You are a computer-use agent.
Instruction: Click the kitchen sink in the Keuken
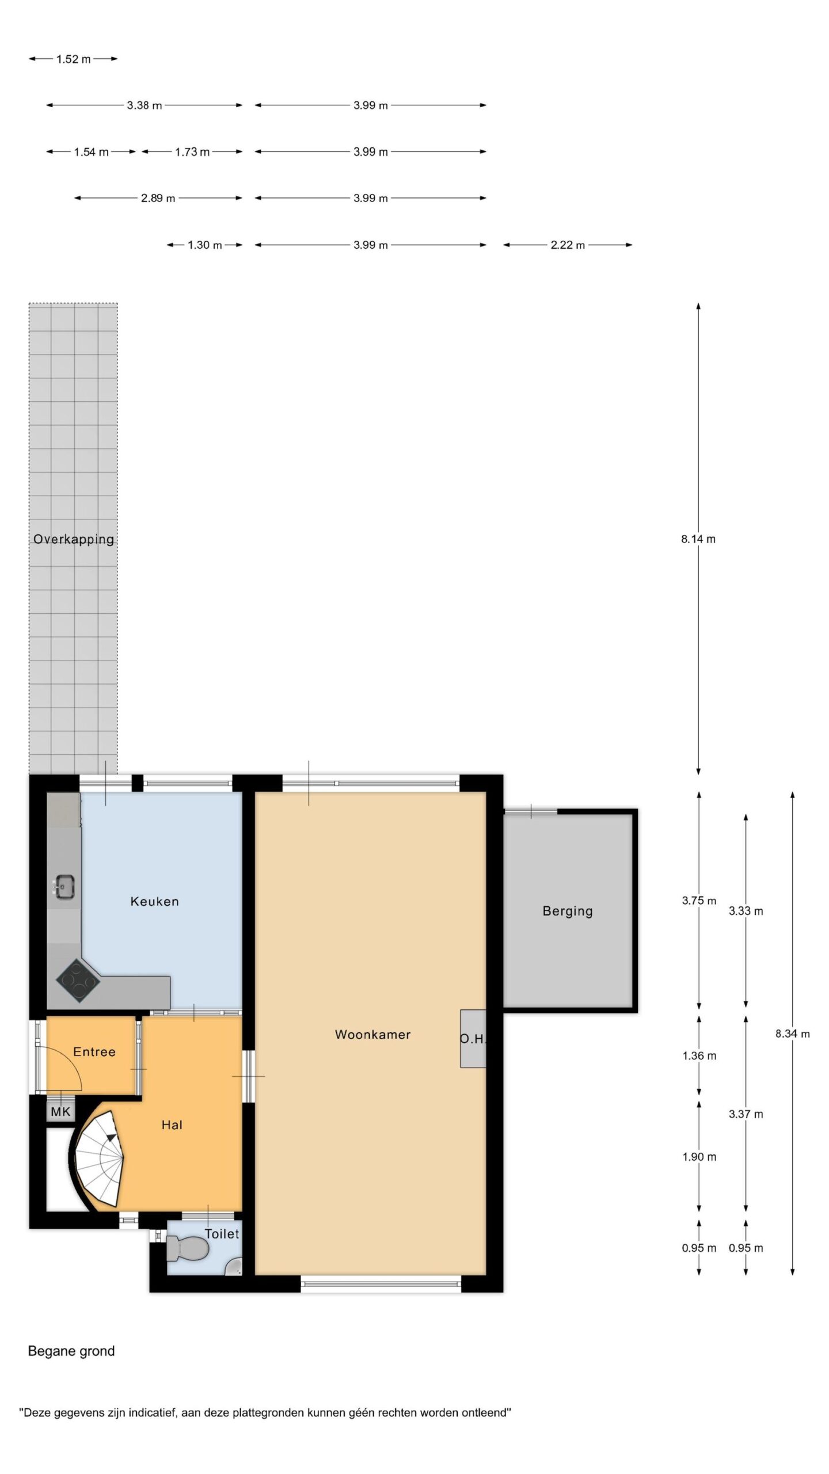tap(64, 886)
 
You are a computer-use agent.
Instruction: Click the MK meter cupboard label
tap(60, 1112)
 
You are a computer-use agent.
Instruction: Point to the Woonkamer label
tap(372, 1035)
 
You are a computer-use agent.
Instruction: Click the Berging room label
tap(568, 911)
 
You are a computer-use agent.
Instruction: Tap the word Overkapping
tap(74, 540)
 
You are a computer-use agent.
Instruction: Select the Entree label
tap(94, 1052)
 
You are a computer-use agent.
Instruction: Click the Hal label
tap(172, 1125)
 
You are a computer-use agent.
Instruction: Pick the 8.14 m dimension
tap(698, 540)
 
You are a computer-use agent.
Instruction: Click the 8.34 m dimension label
tap(793, 1034)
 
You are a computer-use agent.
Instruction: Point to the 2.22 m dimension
tap(568, 245)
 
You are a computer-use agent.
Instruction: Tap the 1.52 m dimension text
tap(73, 59)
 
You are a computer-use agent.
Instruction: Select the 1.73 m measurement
tap(192, 152)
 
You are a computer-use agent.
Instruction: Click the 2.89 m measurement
tap(158, 199)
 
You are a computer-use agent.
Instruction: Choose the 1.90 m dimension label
tap(699, 1157)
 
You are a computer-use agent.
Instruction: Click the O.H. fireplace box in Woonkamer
tap(473, 1039)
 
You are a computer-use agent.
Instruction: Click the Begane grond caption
tap(71, 1351)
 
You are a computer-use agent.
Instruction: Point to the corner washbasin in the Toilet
tap(234, 1266)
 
